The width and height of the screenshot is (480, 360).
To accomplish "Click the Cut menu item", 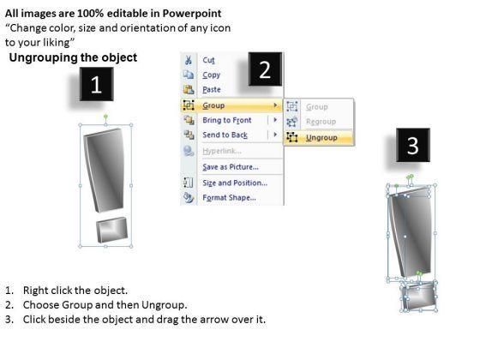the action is point(208,60).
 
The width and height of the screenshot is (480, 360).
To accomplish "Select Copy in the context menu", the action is point(211,75).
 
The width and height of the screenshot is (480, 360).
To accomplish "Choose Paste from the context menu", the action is point(212,89).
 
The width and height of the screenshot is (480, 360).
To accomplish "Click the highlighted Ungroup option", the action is point(321,138).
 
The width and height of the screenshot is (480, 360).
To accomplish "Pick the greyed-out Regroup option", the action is point(321,122).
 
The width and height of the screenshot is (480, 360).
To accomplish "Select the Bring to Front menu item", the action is point(227,120).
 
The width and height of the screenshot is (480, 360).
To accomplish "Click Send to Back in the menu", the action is point(225,135).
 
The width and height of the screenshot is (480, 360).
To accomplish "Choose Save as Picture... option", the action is point(231,167).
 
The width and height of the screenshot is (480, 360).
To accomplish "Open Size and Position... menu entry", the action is point(235,183).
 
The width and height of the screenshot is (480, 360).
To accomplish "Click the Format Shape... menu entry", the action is point(230,197).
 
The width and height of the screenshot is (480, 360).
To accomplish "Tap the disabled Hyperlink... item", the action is point(222,151).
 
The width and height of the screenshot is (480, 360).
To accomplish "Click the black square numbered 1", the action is point(96,84).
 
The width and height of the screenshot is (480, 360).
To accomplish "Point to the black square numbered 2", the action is point(265,69).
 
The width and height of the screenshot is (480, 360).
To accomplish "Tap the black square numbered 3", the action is point(413,145).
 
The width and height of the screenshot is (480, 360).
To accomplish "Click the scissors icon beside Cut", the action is point(189,60).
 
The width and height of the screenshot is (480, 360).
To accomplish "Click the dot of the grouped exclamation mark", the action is point(111,230).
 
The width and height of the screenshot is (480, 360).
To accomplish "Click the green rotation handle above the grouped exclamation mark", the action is point(105,117).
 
